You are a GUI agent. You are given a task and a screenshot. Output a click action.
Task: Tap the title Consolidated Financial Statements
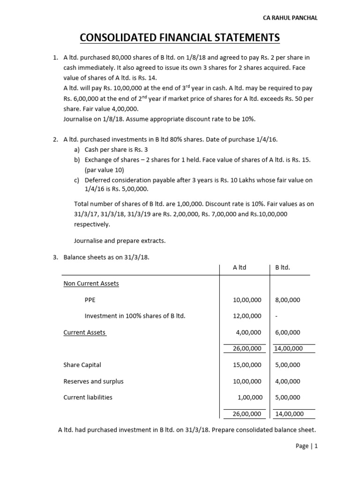pyautogui.click(x=180, y=37)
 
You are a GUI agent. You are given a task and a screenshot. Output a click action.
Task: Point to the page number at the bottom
pyautogui.click(x=307, y=446)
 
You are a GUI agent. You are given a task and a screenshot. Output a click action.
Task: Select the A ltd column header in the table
pyautogui.click(x=240, y=267)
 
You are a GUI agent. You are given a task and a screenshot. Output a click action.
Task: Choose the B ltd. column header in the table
pyautogui.click(x=283, y=267)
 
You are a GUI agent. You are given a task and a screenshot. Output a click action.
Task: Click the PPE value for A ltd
pyautogui.click(x=247, y=300)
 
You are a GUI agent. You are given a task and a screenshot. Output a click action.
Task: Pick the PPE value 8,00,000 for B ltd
pyautogui.click(x=287, y=300)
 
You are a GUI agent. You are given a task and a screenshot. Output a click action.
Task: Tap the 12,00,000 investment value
pyautogui.click(x=247, y=316)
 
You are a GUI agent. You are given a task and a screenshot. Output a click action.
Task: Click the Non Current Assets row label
pyautogui.click(x=91, y=284)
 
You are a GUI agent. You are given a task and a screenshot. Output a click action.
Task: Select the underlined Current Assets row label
pyautogui.click(x=85, y=332)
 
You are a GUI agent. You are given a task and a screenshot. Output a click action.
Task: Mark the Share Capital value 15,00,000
pyautogui.click(x=247, y=365)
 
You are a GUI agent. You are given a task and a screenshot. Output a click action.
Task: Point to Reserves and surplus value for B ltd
pyautogui.click(x=287, y=381)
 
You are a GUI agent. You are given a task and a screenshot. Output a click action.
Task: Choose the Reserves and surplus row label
pyautogui.click(x=93, y=381)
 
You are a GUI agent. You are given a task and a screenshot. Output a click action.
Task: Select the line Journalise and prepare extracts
pyautogui.click(x=120, y=240)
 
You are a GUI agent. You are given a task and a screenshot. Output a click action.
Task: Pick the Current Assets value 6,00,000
pyautogui.click(x=287, y=332)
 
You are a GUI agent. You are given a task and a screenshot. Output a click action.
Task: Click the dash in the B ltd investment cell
pyautogui.click(x=277, y=316)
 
